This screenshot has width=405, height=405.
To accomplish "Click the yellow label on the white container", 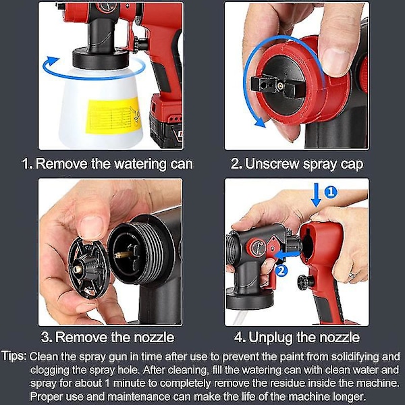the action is coord(113,116).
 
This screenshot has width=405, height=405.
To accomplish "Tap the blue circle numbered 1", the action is coord(331,192).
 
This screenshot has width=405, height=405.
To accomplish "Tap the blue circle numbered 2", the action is coord(281,271).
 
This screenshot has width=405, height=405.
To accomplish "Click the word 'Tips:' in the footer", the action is coord(14,356).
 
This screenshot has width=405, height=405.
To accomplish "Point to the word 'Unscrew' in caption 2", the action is coord(272,164).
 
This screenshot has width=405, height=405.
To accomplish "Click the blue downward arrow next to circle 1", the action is coord(316,195).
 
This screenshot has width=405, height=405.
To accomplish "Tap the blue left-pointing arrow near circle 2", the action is coord(288,255).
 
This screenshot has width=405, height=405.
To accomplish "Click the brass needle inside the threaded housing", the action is coord(125,254).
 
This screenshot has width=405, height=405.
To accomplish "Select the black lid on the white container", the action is coord(101,58).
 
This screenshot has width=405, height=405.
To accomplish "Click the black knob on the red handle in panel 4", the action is coord(306,281).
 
